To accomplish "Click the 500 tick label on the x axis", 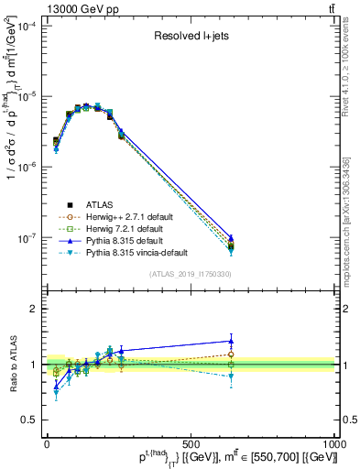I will (x=191, y=442).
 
